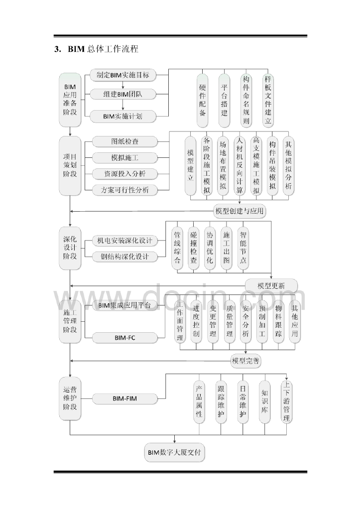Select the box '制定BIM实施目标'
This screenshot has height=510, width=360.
(123, 75)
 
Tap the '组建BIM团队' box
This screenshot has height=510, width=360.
(123, 94)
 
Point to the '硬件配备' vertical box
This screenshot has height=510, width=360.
(203, 97)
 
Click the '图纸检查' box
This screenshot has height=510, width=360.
(124, 141)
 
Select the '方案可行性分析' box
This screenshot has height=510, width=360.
(124, 190)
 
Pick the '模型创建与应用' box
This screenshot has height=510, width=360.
(240, 211)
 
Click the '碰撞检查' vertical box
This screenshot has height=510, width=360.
(193, 248)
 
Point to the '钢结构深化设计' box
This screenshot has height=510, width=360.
(124, 257)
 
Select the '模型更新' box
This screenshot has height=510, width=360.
(271, 286)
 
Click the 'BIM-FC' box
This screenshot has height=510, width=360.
(124, 338)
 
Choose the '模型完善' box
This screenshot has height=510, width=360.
(245, 361)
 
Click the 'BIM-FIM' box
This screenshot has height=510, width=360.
(124, 398)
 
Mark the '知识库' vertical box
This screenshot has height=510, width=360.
(264, 401)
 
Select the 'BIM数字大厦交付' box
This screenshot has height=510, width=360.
(175, 453)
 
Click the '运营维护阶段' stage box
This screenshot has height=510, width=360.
(70, 398)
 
